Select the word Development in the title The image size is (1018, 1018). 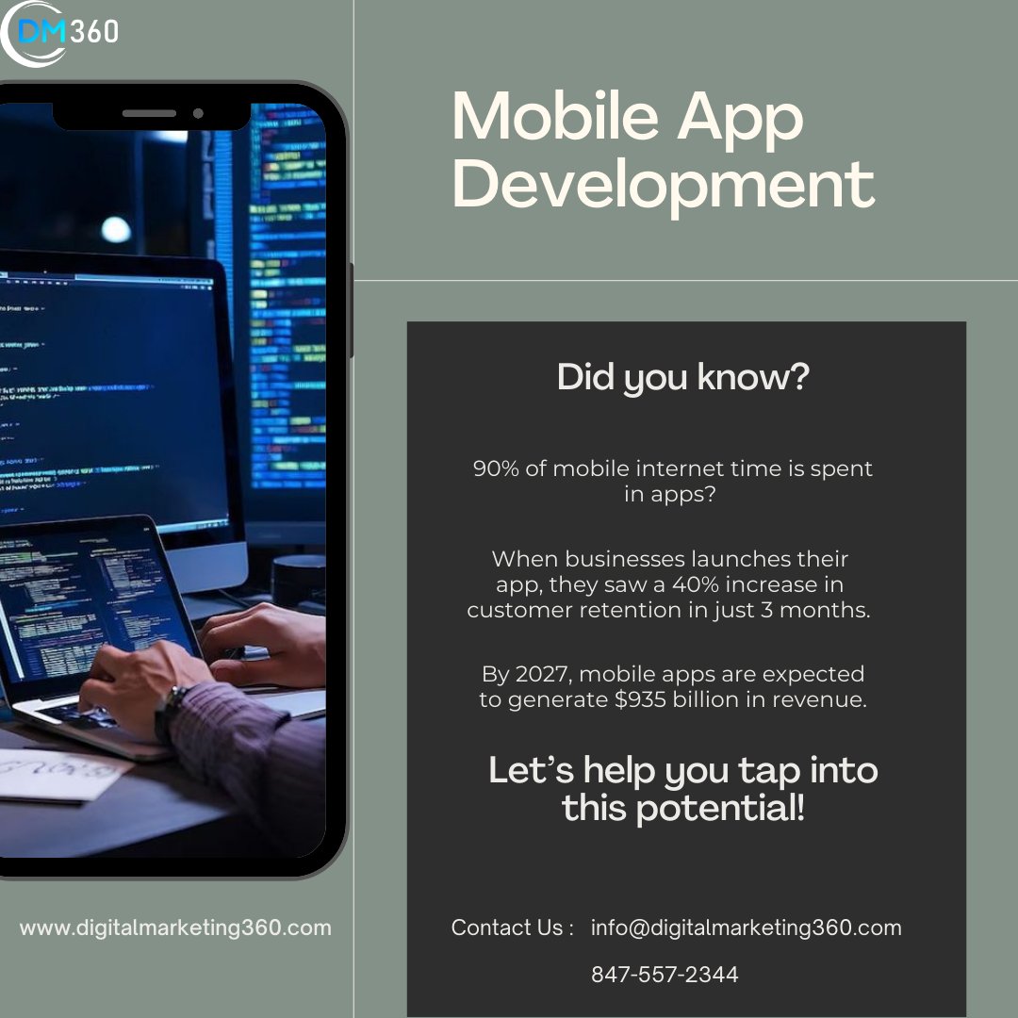[663, 186]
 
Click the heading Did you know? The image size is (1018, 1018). [682, 377]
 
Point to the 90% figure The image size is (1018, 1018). [496, 468]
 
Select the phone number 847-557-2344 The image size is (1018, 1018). [665, 975]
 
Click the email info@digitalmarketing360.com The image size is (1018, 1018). [746, 928]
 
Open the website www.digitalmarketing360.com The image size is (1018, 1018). [175, 928]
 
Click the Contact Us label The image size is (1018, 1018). [512, 928]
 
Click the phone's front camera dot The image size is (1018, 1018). [198, 113]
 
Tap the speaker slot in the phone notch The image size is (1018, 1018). [149, 113]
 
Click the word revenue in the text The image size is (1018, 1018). [821, 699]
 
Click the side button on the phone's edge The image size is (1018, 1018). [351, 311]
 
